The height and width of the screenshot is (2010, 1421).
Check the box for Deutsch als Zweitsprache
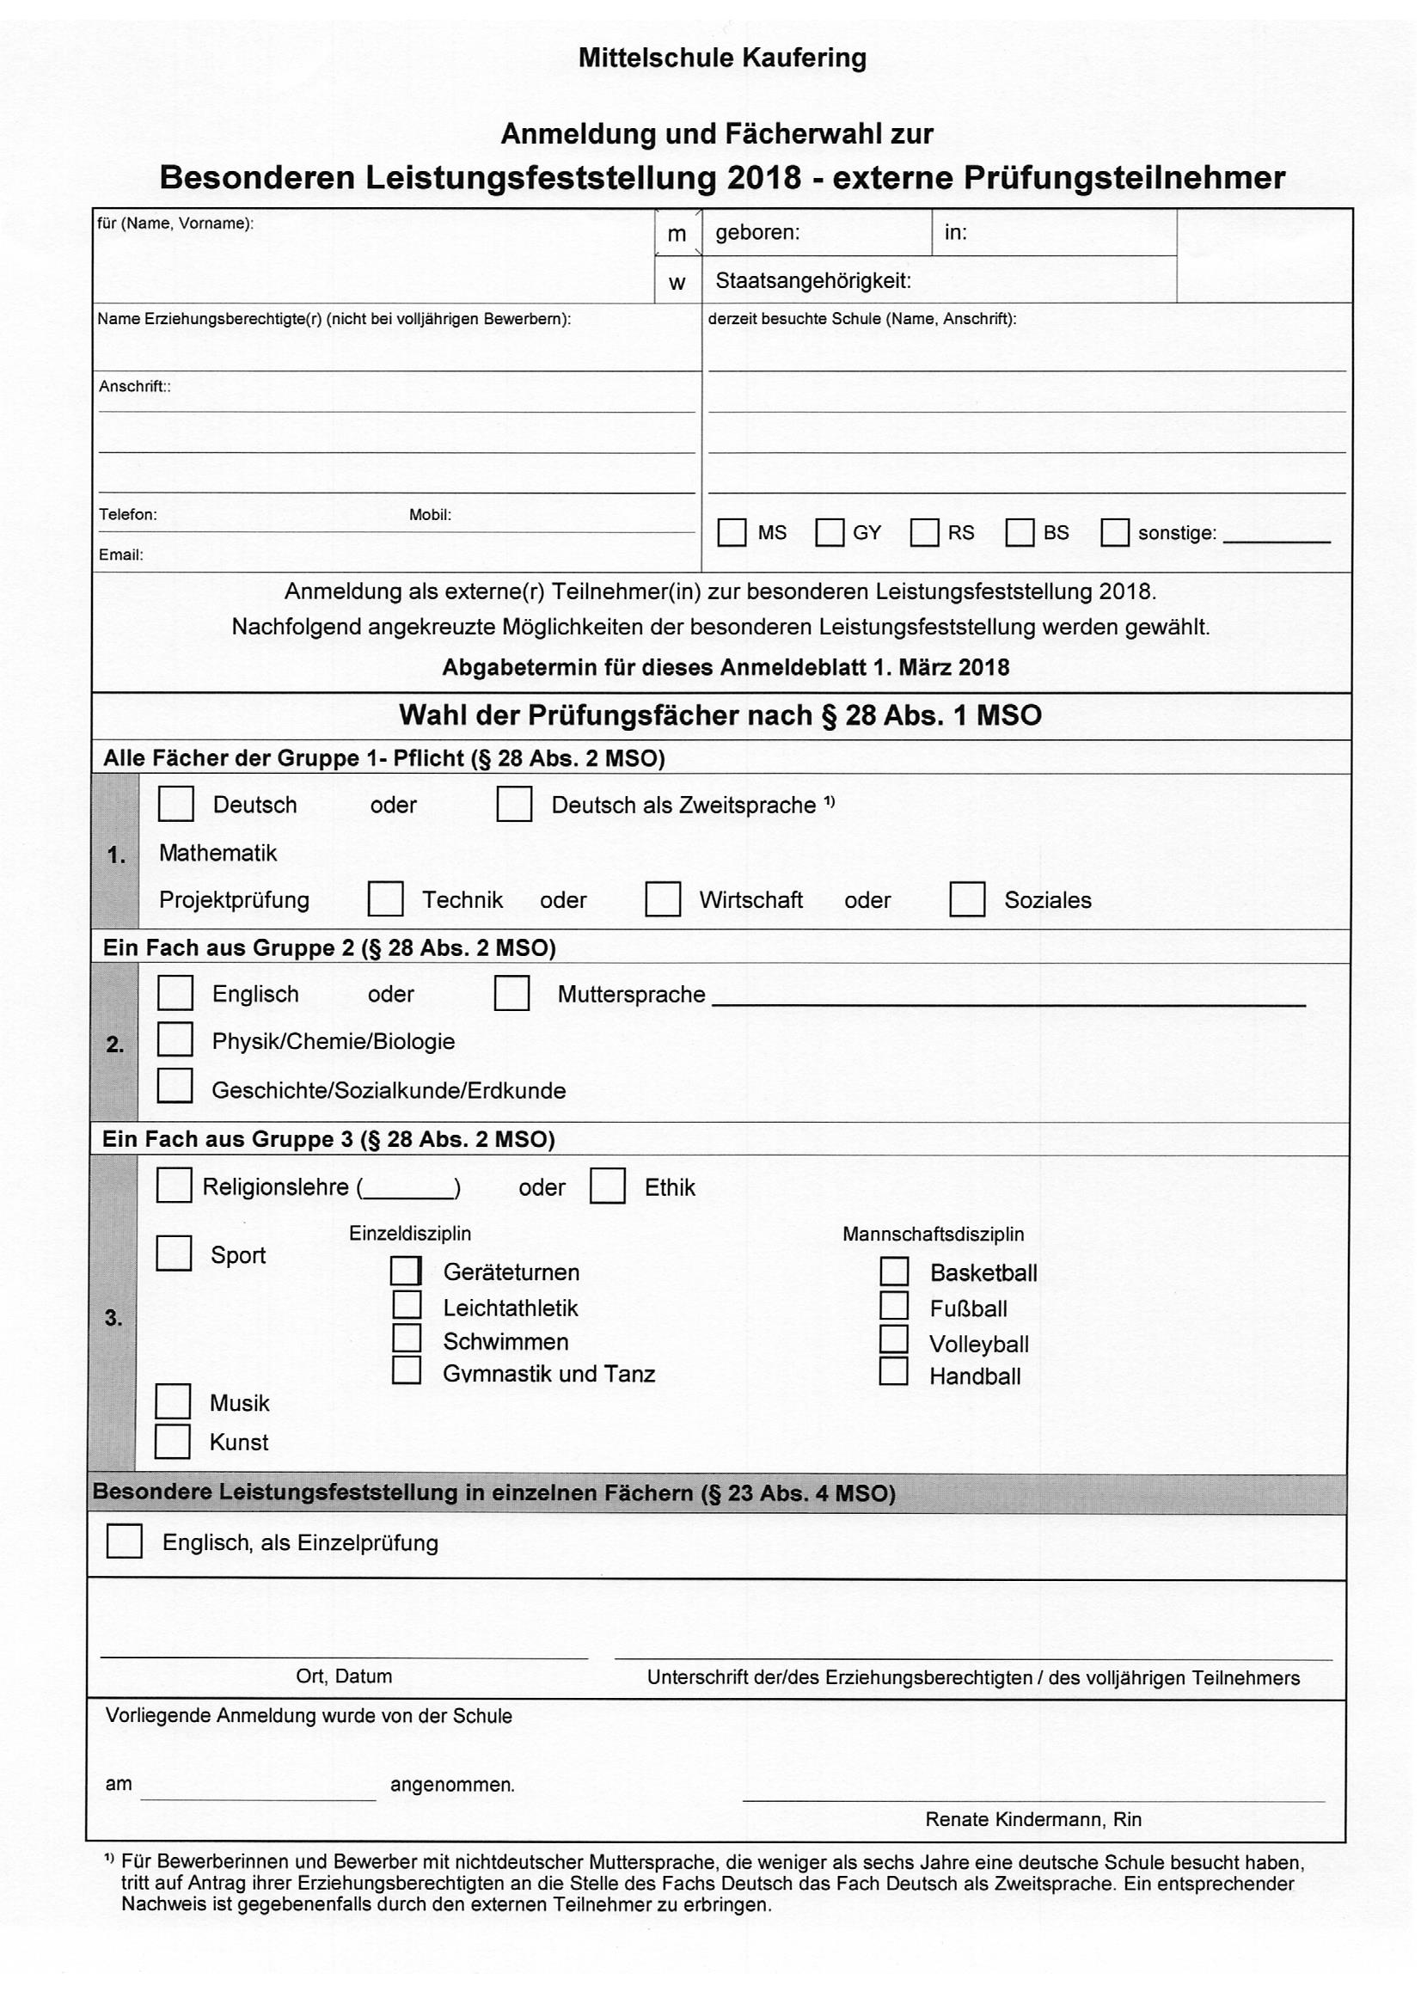pyautogui.click(x=514, y=804)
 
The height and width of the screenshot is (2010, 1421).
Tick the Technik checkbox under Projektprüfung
pyautogui.click(x=385, y=898)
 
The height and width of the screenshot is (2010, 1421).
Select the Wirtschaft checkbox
pyautogui.click(x=663, y=898)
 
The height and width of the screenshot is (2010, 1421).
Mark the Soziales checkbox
pyautogui.click(x=966, y=899)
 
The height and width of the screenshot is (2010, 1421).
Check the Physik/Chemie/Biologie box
pyautogui.click(x=175, y=1039)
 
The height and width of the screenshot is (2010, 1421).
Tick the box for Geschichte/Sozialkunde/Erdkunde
pyautogui.click(x=175, y=1087)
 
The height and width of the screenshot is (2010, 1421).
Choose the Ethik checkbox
pyautogui.click(x=608, y=1186)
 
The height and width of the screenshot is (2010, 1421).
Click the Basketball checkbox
pyautogui.click(x=894, y=1272)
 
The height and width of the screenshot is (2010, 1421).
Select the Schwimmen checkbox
pyautogui.click(x=407, y=1339)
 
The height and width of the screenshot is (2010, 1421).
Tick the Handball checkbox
pyautogui.click(x=893, y=1371)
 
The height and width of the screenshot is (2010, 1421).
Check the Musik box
pyautogui.click(x=173, y=1400)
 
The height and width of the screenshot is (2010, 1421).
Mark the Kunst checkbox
pyautogui.click(x=173, y=1441)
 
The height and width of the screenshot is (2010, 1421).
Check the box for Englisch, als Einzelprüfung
pyautogui.click(x=125, y=1541)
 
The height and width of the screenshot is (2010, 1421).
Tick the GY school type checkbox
pyautogui.click(x=830, y=532)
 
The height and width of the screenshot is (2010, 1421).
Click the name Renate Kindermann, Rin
pyautogui.click(x=1033, y=1819)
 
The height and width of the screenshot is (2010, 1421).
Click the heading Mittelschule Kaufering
pyautogui.click(x=722, y=58)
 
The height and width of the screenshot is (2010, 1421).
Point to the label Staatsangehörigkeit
pyautogui.click(x=813, y=281)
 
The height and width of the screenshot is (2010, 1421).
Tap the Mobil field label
pyautogui.click(x=430, y=515)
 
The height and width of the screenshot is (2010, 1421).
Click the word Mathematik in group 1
pyautogui.click(x=218, y=853)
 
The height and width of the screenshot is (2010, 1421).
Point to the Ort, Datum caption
pyautogui.click(x=344, y=1676)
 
